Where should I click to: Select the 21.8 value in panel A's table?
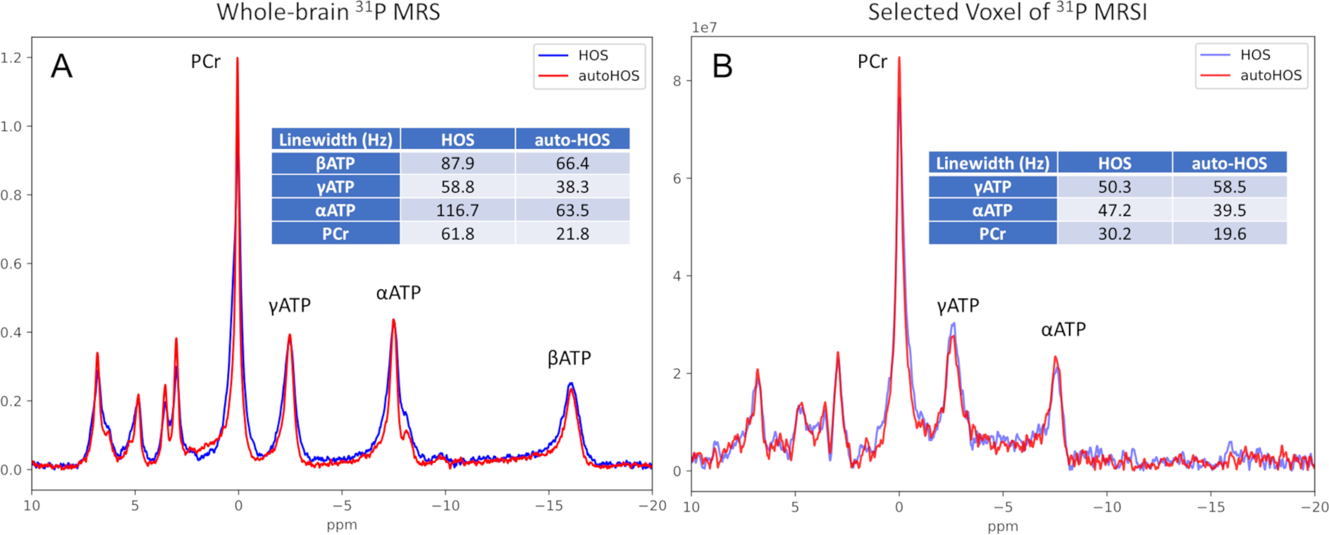click(572, 234)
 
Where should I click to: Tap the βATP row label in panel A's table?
click(335, 164)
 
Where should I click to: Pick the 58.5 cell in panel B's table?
click(1229, 187)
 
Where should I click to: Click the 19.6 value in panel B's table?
click(1229, 234)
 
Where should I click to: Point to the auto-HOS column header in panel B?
click(1229, 163)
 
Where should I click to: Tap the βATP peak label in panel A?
click(569, 357)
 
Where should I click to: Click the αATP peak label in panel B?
click(1063, 329)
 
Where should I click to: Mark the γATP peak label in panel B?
click(958, 306)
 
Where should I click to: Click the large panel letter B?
click(722, 66)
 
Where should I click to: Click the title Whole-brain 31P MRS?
click(328, 12)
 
